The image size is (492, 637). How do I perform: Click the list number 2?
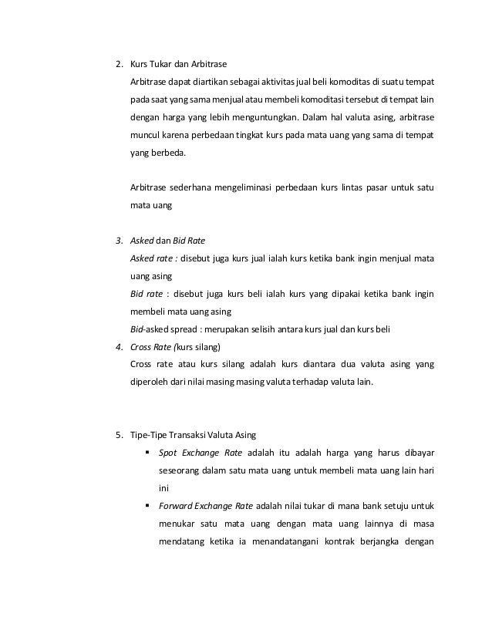coord(118,63)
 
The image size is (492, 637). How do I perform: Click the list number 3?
coord(118,241)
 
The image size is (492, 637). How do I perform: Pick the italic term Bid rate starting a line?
coord(147,295)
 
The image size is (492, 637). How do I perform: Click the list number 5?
coord(118,436)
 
